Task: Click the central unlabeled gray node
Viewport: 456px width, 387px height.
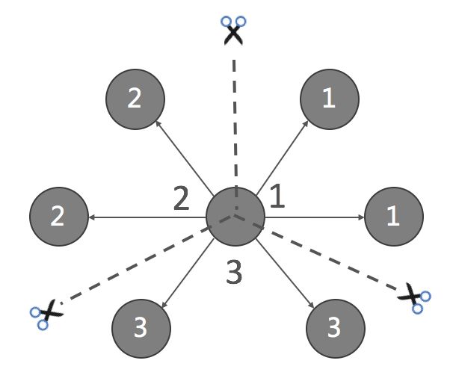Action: (235, 217)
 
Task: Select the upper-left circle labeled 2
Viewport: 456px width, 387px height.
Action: (135, 99)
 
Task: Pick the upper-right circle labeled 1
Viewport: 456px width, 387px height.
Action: (330, 99)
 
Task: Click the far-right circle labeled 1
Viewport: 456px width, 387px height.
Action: (394, 217)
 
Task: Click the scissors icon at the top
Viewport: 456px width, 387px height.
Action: (234, 31)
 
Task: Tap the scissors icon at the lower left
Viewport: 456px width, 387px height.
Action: (46, 313)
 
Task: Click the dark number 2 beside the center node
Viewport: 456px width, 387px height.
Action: (181, 198)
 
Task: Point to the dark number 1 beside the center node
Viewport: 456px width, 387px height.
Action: (277, 196)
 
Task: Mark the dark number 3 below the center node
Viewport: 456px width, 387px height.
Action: (235, 273)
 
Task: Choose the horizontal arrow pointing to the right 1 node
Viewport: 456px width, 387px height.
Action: (314, 217)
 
